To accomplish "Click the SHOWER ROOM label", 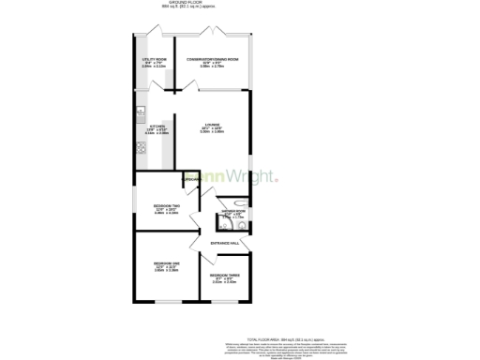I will pyautogui.click(x=233, y=211).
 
